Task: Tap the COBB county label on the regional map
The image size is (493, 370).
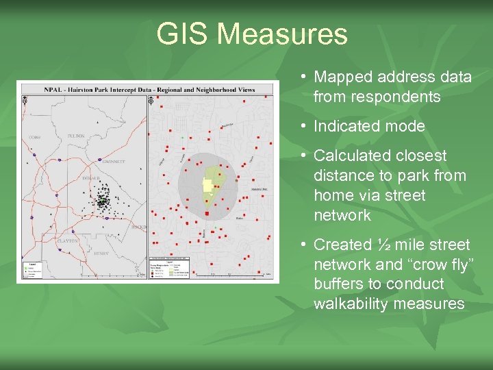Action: click(x=34, y=138)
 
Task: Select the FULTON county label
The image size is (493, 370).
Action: click(x=76, y=136)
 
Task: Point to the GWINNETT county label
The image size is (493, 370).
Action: click(x=96, y=162)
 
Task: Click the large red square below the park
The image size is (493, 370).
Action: click(x=207, y=214)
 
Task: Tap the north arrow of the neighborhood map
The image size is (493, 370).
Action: click(x=152, y=100)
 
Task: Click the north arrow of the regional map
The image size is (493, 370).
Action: click(x=25, y=100)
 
